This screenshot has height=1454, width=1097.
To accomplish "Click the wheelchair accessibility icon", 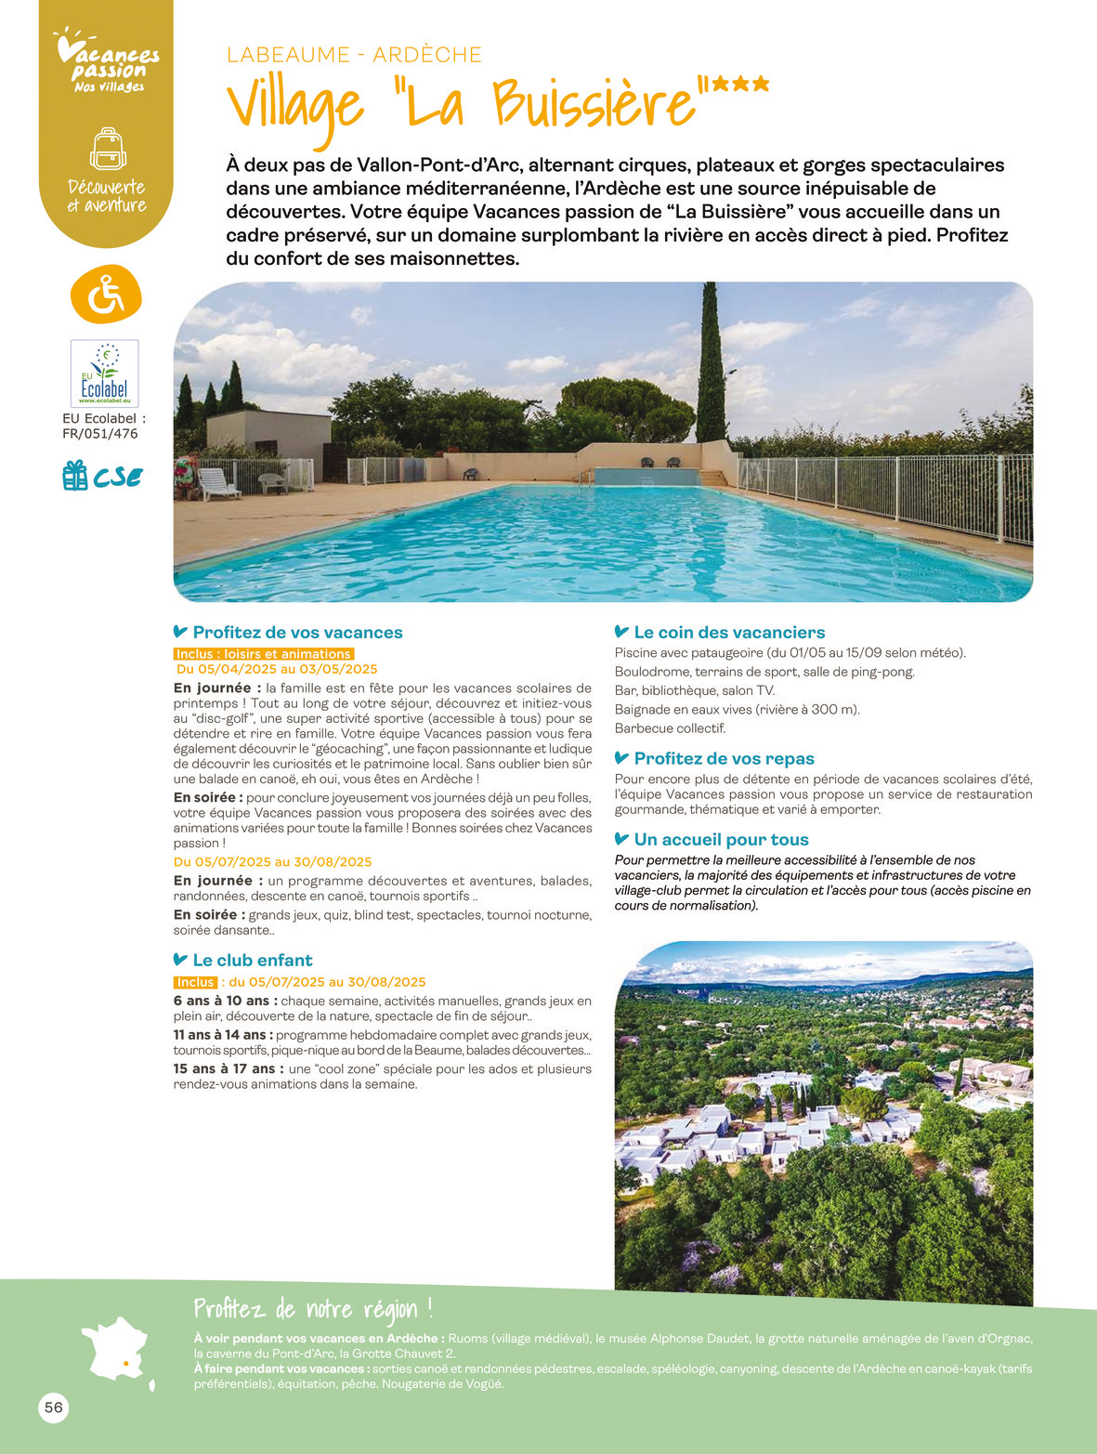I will pyautogui.click(x=106, y=295).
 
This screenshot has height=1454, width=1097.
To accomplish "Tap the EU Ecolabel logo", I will pyautogui.click(x=105, y=373).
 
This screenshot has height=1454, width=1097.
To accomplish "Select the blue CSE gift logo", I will pyautogui.click(x=103, y=477).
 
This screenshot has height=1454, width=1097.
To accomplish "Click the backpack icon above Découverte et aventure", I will pyautogui.click(x=108, y=149).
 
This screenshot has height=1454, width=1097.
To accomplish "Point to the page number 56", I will pyautogui.click(x=54, y=1408).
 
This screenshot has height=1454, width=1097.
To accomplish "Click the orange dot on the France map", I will pyautogui.click(x=124, y=1363).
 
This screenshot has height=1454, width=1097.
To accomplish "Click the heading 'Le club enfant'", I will pyautogui.click(x=252, y=960).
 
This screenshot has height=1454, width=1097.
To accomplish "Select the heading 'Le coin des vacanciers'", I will pyautogui.click(x=728, y=632).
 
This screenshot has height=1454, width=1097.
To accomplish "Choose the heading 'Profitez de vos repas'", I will pyautogui.click(x=723, y=758).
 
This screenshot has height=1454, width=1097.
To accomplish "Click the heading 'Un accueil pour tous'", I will pyautogui.click(x=720, y=839).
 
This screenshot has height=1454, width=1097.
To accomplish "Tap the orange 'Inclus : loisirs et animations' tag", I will pyautogui.click(x=264, y=654).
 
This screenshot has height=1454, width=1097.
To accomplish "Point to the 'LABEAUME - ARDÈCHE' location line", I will pyautogui.click(x=354, y=55).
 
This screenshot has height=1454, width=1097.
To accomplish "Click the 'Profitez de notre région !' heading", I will pyautogui.click(x=313, y=1309).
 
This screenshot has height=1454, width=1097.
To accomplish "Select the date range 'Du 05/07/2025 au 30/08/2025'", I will pyautogui.click(x=273, y=861).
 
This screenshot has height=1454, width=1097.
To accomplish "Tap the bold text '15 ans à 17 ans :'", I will pyautogui.click(x=229, y=1068).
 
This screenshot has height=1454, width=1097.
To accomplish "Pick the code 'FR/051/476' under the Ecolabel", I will pyautogui.click(x=100, y=433).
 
